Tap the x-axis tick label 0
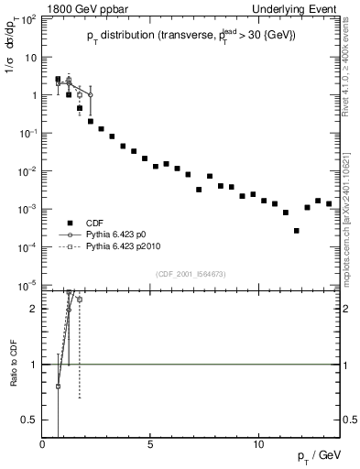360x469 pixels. [x=43, y=443]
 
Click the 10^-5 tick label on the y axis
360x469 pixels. [x=28, y=285]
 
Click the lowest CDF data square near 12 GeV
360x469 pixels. [x=296, y=231]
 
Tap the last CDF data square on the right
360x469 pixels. [x=329, y=203]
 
